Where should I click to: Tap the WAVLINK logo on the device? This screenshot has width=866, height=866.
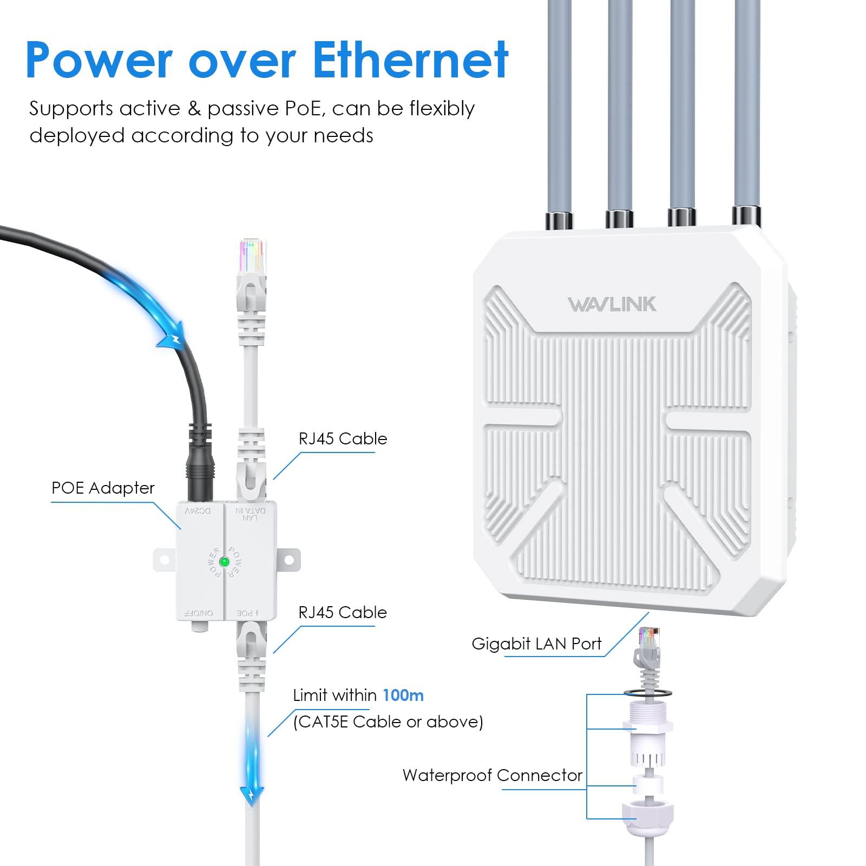pos(612,304)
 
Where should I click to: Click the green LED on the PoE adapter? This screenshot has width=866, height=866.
pos(224,562)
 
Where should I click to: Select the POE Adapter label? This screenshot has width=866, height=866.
pos(103,488)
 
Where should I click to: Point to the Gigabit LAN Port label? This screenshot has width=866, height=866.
pos(536,644)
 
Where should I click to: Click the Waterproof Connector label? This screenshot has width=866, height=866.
pos(492,775)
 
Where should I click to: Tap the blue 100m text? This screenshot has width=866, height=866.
pos(403,695)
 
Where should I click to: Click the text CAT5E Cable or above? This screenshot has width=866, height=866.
pos(388,721)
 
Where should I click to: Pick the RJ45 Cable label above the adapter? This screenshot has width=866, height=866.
pos(343,438)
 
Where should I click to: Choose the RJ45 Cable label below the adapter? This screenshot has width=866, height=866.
pos(343,612)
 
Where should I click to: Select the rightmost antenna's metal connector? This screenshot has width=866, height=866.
pos(746,215)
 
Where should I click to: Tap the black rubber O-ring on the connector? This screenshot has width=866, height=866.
pos(648,693)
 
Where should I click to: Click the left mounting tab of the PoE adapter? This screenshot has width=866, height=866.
pos(164,560)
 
